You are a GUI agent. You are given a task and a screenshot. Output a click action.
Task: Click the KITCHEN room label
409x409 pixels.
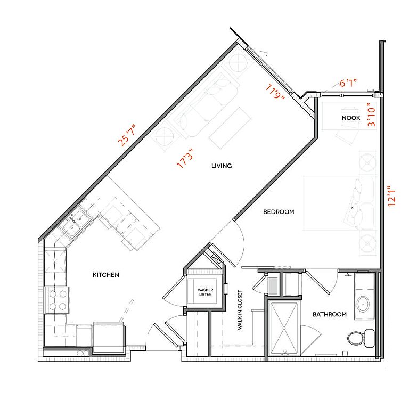click(106, 275)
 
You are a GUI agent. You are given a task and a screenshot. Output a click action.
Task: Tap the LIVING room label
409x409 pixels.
click(222, 166)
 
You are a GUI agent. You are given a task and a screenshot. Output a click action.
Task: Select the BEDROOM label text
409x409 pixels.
click(279, 212)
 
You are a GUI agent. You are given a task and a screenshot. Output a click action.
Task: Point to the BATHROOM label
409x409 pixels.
click(330, 314)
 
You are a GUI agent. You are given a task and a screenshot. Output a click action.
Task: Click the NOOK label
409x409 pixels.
click(351, 118)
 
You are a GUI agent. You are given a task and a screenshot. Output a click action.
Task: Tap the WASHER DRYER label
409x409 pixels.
click(205, 292)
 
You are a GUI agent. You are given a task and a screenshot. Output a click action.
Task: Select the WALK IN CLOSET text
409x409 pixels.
click(240, 310)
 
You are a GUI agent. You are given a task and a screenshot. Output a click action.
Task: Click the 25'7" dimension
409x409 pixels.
click(127, 135)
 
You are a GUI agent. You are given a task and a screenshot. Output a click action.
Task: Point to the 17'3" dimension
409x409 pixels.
click(185, 158)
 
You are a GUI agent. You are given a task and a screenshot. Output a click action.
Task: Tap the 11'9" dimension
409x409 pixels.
click(275, 91)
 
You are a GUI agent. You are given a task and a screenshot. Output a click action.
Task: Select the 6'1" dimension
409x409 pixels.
click(348, 83)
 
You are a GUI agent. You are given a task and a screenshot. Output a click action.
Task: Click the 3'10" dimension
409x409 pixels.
click(371, 114)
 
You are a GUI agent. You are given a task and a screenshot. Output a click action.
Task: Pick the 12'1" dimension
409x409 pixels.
click(391, 197)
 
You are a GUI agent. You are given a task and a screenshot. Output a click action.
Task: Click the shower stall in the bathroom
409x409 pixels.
click(284, 328)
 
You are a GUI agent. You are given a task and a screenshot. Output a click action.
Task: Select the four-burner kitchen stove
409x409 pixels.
click(57, 300)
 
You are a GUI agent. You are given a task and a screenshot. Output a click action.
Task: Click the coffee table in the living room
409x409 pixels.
click(230, 128)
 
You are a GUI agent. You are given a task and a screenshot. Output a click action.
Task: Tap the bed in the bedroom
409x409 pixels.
click(339, 203)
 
